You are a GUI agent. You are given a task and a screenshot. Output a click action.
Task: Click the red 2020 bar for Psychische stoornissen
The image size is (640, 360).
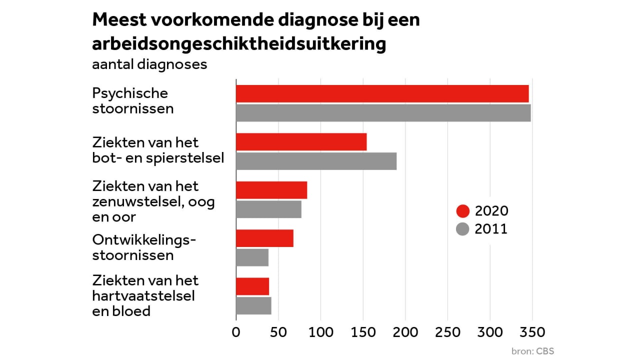[382, 94]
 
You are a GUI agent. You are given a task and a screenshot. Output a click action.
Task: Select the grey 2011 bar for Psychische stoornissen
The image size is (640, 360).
[383, 113]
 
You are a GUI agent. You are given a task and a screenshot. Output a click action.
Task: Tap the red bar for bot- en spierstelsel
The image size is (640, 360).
[301, 142]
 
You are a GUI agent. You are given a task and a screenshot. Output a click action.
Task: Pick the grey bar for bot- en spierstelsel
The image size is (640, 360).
[316, 161]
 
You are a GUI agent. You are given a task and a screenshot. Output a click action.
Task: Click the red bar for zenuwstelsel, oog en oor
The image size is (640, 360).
[271, 190]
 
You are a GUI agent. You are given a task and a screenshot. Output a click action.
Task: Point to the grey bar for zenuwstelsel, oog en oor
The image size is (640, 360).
[268, 209]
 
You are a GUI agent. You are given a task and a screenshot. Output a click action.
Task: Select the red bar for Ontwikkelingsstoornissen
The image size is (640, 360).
[264, 238]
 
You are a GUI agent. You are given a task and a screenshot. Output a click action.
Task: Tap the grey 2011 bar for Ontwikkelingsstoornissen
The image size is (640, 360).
[252, 257]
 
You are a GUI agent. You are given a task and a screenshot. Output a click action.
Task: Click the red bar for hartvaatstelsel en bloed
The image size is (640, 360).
[252, 286]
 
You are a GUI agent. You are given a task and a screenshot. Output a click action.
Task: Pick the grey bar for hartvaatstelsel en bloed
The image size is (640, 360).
[253, 305]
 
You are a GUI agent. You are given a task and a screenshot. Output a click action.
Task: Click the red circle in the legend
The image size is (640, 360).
[463, 211]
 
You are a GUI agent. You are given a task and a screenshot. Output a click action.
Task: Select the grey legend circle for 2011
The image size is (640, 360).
[463, 229]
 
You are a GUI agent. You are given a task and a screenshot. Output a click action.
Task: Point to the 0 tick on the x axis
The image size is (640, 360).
[236, 332]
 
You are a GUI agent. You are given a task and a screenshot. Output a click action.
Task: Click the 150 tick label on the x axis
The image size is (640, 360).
[362, 332]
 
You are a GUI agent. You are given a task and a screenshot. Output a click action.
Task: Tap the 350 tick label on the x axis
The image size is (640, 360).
[532, 332]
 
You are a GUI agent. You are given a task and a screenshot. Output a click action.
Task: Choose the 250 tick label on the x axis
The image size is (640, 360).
[447, 332]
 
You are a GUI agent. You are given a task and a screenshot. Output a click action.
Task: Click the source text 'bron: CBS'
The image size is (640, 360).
[532, 350]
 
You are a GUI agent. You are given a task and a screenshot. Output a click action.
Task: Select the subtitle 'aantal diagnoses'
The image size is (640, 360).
[149, 65]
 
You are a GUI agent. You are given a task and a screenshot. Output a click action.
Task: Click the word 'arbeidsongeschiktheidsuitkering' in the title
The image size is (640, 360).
[239, 44]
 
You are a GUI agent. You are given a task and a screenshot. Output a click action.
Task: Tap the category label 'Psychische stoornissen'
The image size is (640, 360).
[132, 100]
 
